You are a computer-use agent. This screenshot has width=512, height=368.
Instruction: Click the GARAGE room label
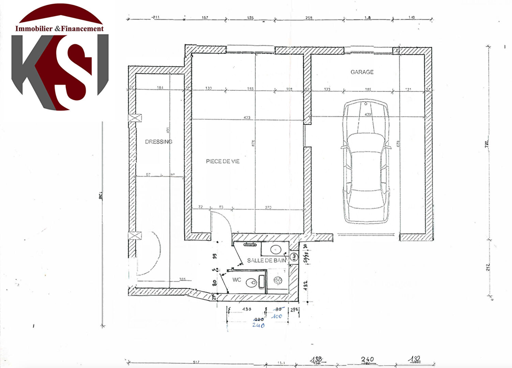coord(362,72)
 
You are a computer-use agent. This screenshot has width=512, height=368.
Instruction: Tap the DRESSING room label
coord(159,142)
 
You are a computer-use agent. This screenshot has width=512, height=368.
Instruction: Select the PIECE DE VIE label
coord(223,161)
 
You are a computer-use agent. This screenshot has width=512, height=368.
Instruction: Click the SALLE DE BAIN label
coord(267,260)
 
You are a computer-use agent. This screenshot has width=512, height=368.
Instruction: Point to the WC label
coord(237,280)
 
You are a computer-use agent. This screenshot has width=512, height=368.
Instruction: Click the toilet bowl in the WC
coord(252,282)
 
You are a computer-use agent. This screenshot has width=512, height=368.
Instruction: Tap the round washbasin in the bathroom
coord(275,250)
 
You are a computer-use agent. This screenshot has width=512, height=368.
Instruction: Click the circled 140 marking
coord(294,256)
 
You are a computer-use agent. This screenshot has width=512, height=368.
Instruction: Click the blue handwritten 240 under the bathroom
coord(258,325)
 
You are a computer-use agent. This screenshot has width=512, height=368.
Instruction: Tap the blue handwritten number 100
coord(277,316)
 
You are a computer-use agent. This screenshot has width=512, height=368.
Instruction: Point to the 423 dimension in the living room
coord(247,118)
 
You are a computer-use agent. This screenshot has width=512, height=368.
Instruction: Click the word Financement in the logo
coord(82,29)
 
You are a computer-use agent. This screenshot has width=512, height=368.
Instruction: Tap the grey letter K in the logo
coord(32,68)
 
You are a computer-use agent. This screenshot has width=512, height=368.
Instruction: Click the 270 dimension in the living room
coord(268,207)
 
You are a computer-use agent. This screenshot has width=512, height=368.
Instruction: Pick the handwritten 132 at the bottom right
coord(415,359)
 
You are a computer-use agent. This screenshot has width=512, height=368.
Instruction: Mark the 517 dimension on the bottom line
coord(196,362)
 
